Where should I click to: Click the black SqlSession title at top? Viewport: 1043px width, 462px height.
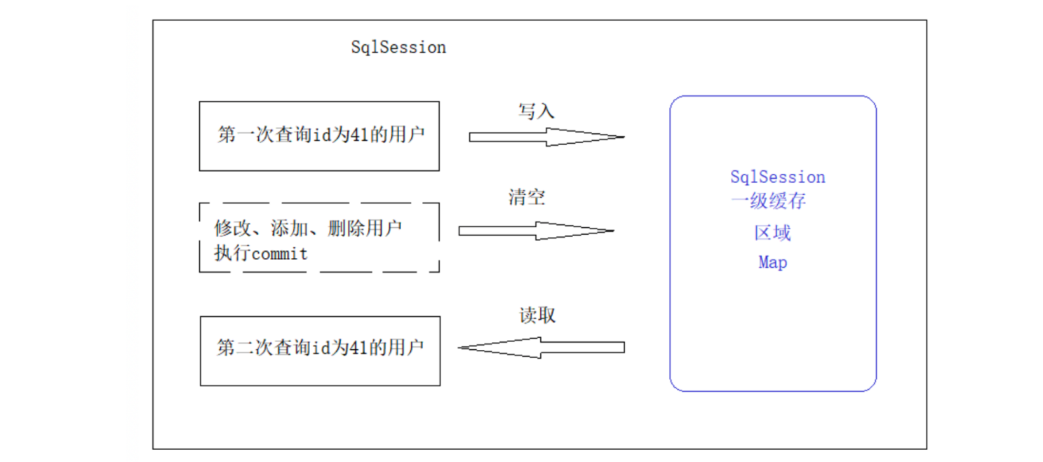pos(398,48)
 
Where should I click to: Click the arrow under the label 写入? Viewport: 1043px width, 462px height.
pos(546,137)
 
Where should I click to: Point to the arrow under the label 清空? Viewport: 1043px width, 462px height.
pos(536,231)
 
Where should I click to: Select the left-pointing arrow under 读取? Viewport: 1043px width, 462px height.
pos(541,347)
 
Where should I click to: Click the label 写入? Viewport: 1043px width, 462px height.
pos(537,111)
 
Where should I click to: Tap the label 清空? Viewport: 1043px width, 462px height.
pos(527,197)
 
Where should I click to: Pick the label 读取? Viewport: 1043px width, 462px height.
pos(537,315)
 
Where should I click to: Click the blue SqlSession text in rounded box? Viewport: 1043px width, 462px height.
pos(777,177)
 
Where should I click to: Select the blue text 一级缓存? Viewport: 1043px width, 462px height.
pos(769,202)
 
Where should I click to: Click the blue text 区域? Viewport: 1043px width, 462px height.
pos(772,233)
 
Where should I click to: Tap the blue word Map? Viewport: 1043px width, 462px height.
pos(772,263)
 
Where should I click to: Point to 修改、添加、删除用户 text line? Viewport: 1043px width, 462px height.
pos(308,229)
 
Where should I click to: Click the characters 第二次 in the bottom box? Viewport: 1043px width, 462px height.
pos(235,348)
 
